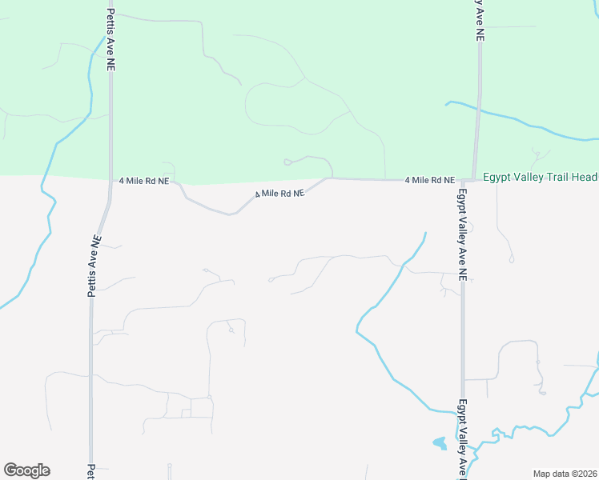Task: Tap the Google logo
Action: coord(26,470)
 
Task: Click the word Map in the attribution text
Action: coord(543,474)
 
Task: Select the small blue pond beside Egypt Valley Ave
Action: coord(439,442)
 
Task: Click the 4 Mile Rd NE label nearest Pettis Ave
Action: coord(143,182)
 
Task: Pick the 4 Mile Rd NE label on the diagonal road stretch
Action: coord(280,194)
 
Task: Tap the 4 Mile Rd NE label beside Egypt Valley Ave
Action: coord(429,181)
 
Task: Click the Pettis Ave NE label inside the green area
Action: coord(111,40)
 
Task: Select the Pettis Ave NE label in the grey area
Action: coord(94,266)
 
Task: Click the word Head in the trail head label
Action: coord(585,177)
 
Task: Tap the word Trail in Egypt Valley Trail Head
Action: coord(557,177)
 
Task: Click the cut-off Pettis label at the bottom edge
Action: coord(91,471)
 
